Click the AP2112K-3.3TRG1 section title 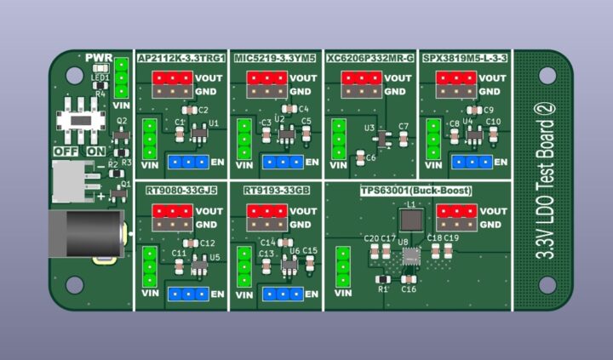click(x=180, y=58)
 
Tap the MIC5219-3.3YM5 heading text click(x=275, y=58)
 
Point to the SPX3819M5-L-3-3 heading click(x=464, y=58)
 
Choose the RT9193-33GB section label click(x=276, y=191)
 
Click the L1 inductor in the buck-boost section click(x=411, y=220)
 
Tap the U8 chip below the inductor click(x=411, y=254)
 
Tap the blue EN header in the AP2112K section click(x=189, y=162)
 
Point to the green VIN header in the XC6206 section click(x=339, y=138)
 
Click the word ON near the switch click(x=97, y=151)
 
